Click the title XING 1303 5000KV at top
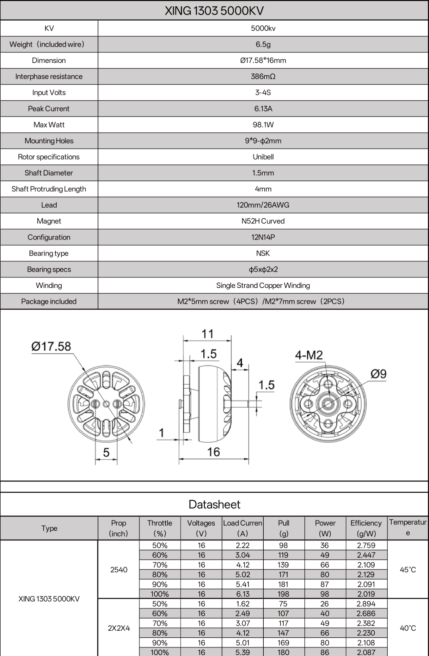point(214,10)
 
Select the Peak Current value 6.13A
point(263,109)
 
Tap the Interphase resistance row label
point(49,76)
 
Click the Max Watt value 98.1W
point(263,125)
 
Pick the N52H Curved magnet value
point(263,221)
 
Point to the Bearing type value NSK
point(263,253)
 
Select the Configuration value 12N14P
point(263,237)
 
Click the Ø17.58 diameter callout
point(51,346)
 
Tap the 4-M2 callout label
point(309,355)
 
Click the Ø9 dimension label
point(378,374)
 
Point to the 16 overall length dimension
point(213,452)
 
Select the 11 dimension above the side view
point(207,334)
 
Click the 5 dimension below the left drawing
point(106,453)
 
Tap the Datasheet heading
point(214,504)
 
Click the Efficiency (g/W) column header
point(366,528)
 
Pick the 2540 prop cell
point(119,569)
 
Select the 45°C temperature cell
point(408,569)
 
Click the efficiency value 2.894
point(366,604)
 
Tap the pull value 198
point(283,594)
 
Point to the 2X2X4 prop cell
point(119,628)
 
